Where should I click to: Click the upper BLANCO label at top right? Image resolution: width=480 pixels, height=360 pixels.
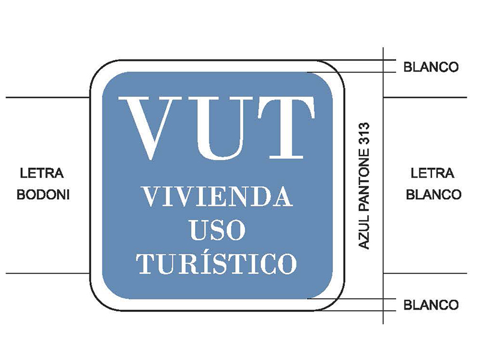click(431, 67)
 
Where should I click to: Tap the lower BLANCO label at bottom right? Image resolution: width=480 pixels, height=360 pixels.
click(431, 305)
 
